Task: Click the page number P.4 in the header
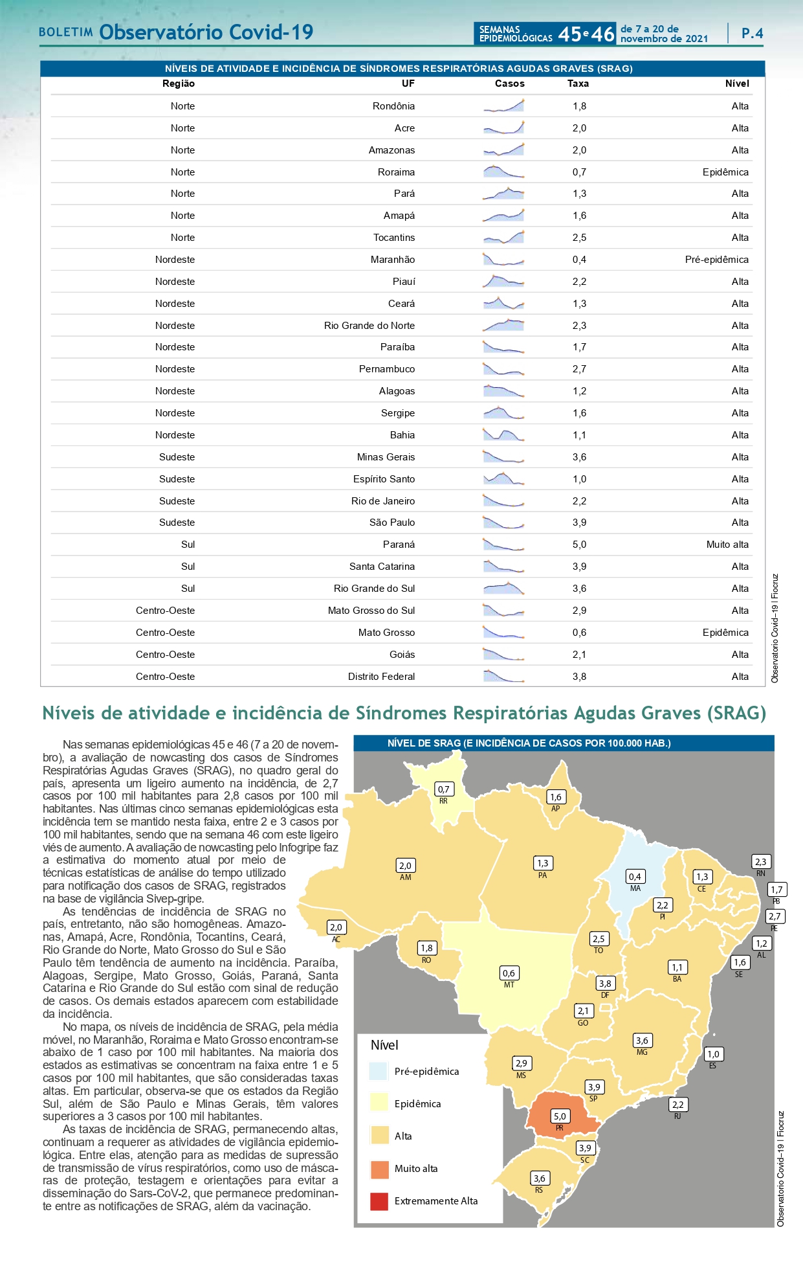[x=752, y=34]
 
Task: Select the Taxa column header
[x=578, y=84]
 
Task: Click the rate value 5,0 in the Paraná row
[x=579, y=545]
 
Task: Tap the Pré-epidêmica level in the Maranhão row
[x=716, y=260]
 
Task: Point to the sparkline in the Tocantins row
[x=503, y=238]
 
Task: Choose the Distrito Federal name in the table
[x=381, y=677]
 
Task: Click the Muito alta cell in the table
[x=727, y=545]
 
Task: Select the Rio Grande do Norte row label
[x=369, y=326]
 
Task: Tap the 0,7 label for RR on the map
[x=443, y=789]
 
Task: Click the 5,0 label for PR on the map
[x=560, y=1116]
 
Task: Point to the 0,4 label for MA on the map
[x=635, y=877]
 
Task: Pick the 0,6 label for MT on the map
[x=509, y=973]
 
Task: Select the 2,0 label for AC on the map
[x=336, y=927]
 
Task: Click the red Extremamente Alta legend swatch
[x=379, y=1201]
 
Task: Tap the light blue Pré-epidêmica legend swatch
[x=379, y=1071]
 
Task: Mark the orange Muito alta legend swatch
[x=379, y=1169]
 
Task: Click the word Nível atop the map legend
[x=384, y=1045]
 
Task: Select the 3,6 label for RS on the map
[x=539, y=1178]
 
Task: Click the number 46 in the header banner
[x=602, y=34]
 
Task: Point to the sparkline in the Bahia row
[x=503, y=435]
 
